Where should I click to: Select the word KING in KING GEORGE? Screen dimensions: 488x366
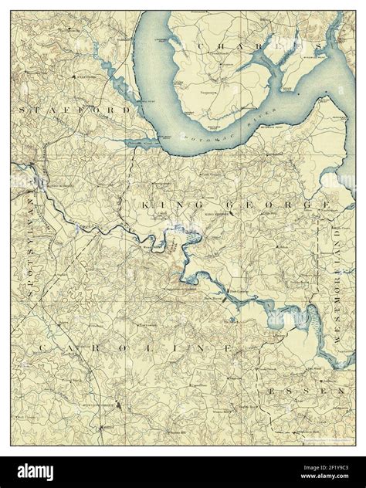coord(163,205)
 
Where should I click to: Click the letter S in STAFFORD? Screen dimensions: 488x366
coord(24,111)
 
